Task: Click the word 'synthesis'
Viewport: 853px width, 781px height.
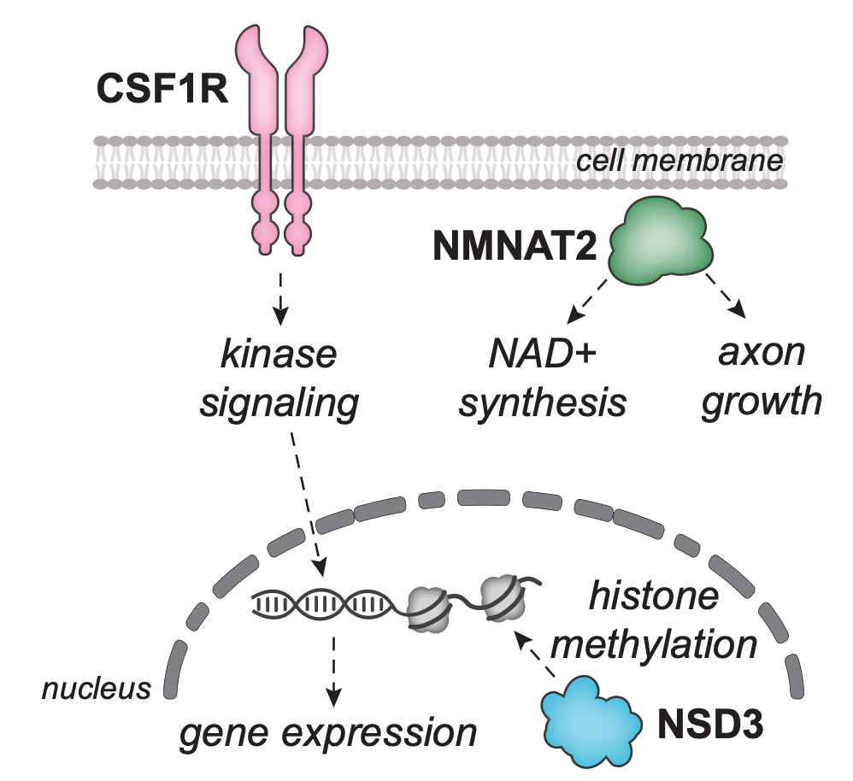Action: tap(542, 401)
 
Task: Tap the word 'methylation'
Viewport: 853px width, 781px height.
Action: tap(655, 643)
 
